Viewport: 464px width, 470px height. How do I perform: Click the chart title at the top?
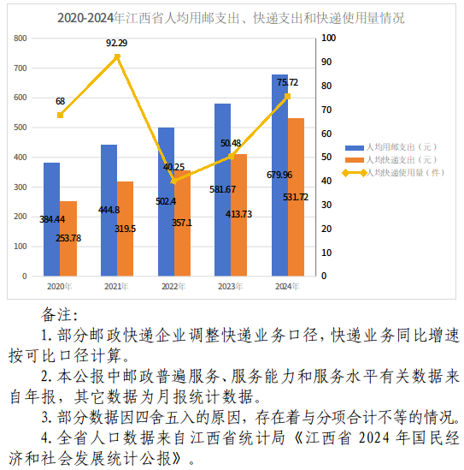coord(231,18)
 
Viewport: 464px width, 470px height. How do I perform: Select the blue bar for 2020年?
coord(52,219)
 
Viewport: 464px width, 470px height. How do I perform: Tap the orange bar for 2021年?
coord(125,229)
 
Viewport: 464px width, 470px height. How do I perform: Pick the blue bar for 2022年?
coord(166,202)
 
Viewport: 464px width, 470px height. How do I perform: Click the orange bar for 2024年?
coord(296,197)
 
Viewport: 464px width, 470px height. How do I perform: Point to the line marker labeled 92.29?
coord(117,57)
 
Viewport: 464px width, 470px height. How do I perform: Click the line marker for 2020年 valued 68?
coord(60,115)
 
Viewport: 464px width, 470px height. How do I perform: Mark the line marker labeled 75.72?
coord(287,96)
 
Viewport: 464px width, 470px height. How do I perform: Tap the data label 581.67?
coord(222,189)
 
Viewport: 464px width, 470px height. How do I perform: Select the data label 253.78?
coord(68,238)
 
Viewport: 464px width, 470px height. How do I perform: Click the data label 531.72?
coord(296,197)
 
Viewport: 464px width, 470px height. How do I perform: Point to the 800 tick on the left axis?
coord(20,39)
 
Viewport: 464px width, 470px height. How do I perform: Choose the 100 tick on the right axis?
coord(328,38)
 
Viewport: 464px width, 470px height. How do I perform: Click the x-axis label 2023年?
coord(231,287)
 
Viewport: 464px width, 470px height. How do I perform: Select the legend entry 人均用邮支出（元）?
coord(391,147)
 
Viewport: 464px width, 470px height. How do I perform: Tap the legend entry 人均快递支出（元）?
coord(391,160)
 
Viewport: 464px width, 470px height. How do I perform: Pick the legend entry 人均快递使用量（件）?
coord(393,173)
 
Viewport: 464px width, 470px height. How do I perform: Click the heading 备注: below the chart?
coord(60,315)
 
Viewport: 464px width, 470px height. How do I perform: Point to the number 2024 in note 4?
coord(374,438)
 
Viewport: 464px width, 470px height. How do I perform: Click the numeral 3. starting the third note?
coord(47,418)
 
